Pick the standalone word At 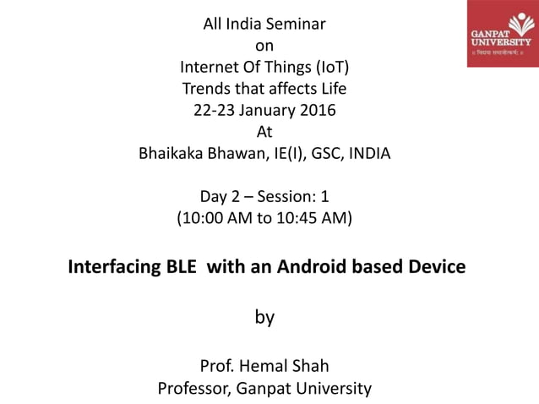pos(264,132)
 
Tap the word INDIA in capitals pos(367,154)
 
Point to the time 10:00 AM pos(215,220)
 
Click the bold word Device pos(433,268)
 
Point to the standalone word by pos(264,318)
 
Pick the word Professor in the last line pos(194,389)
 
